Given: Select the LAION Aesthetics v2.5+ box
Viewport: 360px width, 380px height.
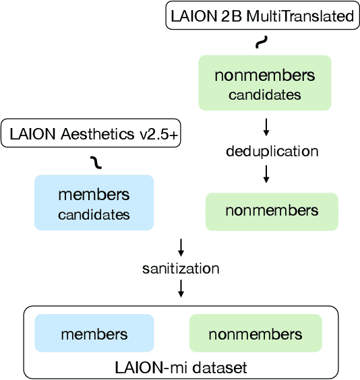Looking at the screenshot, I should click(x=94, y=135).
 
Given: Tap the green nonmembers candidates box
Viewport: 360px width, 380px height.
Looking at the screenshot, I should click(x=265, y=83).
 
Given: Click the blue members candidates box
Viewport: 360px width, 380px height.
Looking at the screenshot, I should click(x=94, y=202).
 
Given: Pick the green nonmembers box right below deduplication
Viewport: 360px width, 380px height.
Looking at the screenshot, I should click(x=272, y=211).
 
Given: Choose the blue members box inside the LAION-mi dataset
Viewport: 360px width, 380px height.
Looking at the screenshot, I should click(x=94, y=334).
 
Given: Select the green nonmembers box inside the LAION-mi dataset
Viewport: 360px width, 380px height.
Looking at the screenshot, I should click(x=256, y=334).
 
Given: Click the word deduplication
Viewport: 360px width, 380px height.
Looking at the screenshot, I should click(x=272, y=151).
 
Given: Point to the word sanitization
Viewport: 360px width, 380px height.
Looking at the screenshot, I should click(x=181, y=268).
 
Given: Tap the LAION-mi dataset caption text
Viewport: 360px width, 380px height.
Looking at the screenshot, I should click(x=181, y=368).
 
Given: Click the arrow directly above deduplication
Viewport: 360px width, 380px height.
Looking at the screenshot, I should click(x=266, y=126).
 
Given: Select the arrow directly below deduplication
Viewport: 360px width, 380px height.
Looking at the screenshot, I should click(x=266, y=175).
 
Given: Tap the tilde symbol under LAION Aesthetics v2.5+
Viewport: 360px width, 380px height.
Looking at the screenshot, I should click(x=97, y=161).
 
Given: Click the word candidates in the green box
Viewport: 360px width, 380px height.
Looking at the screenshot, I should click(x=265, y=95).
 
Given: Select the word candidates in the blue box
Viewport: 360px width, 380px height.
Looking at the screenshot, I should click(x=94, y=216).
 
